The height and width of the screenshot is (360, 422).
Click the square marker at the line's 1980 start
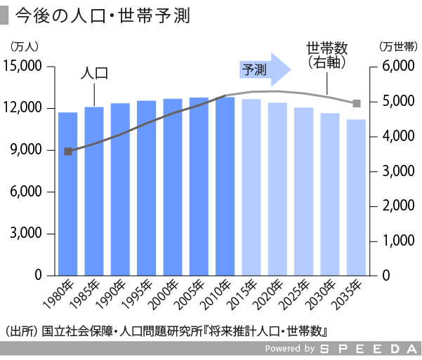(68, 151)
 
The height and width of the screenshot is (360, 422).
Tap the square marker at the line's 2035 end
(357, 103)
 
